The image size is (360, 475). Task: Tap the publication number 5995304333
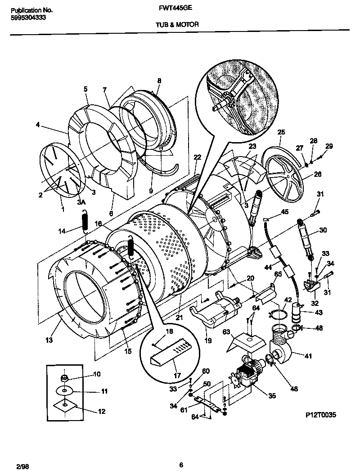(x=27, y=18)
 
